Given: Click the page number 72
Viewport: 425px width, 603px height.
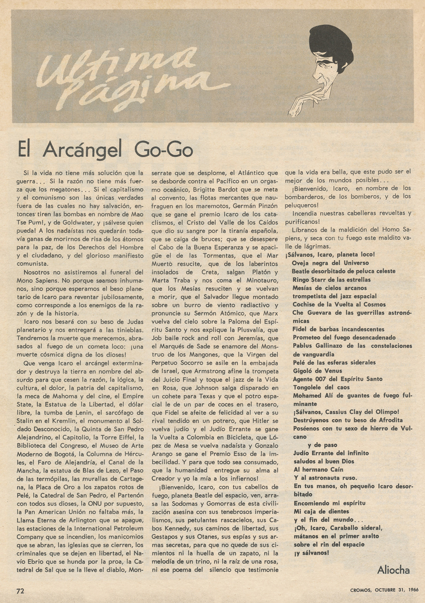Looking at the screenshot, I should (20, 590).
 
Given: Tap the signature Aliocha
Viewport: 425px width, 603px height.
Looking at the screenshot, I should (393, 570).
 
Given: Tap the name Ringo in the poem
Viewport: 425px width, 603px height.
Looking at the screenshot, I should (302, 280).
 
